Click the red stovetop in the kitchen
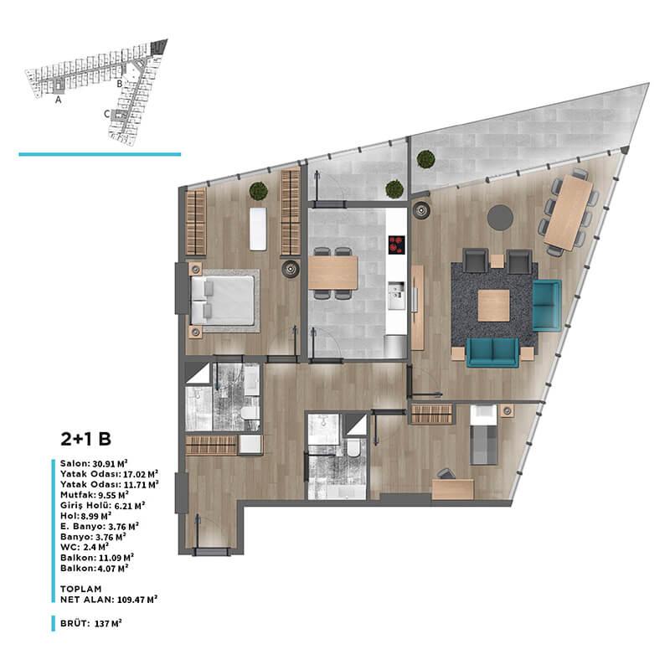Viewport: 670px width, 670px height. pyautogui.click(x=396, y=245)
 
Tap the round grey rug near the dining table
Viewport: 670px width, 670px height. pyautogui.click(x=500, y=218)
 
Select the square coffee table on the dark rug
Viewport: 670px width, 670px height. pyautogui.click(x=493, y=306)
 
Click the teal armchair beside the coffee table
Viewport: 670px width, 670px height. pyautogui.click(x=547, y=305)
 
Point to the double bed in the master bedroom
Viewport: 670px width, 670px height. pyautogui.click(x=223, y=300)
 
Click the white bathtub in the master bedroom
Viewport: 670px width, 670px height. pyautogui.click(x=258, y=229)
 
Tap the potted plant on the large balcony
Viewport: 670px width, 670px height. pyautogui.click(x=425, y=159)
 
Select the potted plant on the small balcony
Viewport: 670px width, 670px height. pyautogui.click(x=394, y=189)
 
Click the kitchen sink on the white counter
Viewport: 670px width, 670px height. pyautogui.click(x=396, y=296)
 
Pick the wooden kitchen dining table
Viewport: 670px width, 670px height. pyautogui.click(x=332, y=273)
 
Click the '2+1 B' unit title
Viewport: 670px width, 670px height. pyautogui.click(x=86, y=439)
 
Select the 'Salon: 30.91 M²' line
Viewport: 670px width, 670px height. pyautogui.click(x=94, y=464)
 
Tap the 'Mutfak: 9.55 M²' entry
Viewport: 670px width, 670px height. pyautogui.click(x=95, y=495)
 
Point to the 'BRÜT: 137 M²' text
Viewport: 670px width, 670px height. pyautogui.click(x=91, y=623)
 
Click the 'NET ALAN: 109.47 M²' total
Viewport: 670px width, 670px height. pyautogui.click(x=109, y=600)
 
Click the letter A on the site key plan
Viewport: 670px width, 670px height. pyautogui.click(x=58, y=100)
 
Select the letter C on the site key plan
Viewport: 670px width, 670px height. pyautogui.click(x=107, y=114)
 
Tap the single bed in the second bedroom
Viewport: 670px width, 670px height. pyautogui.click(x=484, y=435)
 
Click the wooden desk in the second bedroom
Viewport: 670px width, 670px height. pyautogui.click(x=453, y=489)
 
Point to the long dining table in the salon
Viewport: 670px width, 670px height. pyautogui.click(x=569, y=213)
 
